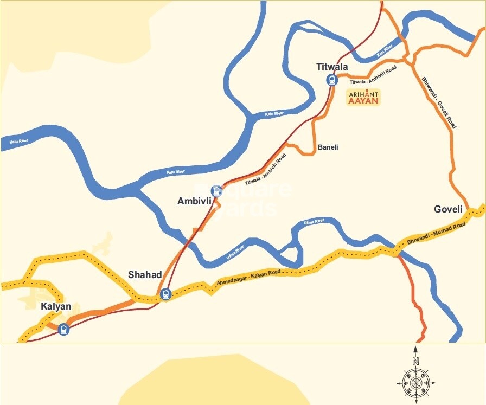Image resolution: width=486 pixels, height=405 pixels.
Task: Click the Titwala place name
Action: click(x=332, y=67)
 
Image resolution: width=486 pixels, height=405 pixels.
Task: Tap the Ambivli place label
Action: click(x=194, y=201)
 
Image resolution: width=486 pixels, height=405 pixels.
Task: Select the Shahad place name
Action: click(x=145, y=275)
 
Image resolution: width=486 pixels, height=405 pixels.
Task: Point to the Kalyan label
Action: click(x=56, y=306)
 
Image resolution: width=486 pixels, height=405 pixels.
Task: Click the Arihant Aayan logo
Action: click(x=363, y=97)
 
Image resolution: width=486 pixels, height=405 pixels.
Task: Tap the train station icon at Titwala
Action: click(x=331, y=80)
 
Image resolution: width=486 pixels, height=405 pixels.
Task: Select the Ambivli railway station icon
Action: click(x=216, y=190)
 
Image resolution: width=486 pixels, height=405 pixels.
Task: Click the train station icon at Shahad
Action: click(x=165, y=294)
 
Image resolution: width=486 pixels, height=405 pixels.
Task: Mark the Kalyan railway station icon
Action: click(x=64, y=329)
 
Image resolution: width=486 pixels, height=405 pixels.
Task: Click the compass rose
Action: click(x=415, y=383)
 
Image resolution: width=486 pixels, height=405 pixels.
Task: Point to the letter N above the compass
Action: click(x=415, y=361)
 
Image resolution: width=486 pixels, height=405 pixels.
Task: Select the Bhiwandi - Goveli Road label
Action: click(x=439, y=102)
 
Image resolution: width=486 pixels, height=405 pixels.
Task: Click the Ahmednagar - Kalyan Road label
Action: click(x=248, y=276)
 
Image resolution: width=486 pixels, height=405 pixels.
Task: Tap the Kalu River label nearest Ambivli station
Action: click(x=175, y=172)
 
